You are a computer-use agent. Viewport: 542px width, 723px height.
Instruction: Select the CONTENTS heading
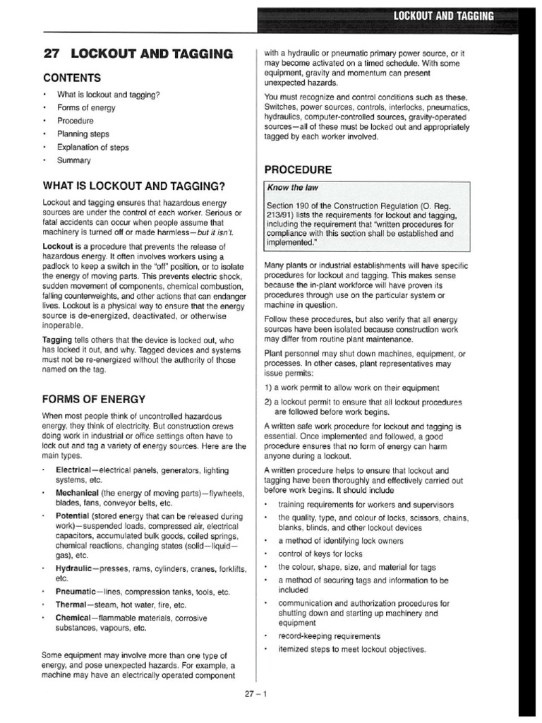coord(72,78)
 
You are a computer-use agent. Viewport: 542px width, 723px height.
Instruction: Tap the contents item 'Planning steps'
coord(83,134)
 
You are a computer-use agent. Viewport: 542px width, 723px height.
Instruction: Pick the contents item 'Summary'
coord(74,160)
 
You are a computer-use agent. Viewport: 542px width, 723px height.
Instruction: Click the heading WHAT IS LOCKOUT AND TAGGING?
coord(134,186)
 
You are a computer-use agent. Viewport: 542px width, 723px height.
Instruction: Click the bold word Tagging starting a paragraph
coord(60,340)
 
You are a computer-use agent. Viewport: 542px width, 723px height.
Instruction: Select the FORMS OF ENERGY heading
coord(95,399)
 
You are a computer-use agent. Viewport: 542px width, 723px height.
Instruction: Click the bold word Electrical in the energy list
coord(77,470)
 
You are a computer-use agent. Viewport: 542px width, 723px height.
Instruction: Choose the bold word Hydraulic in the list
coord(78,568)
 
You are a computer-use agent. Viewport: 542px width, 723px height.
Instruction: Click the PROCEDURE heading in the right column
coord(297,170)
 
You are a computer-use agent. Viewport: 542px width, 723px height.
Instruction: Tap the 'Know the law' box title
coord(291,188)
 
